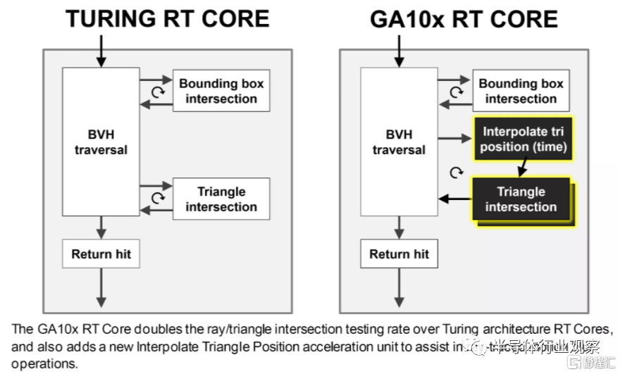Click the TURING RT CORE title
point(168,18)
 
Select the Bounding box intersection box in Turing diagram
point(221,91)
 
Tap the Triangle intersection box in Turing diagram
point(221,199)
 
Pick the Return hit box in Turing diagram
point(101,254)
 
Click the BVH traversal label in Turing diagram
point(102,141)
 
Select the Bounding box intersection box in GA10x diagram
point(521,91)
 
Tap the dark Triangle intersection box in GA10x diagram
point(521,199)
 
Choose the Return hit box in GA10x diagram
point(399,254)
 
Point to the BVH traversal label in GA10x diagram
point(399,142)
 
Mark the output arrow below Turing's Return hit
point(101,289)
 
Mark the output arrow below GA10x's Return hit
point(399,289)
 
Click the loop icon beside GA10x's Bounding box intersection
point(457,92)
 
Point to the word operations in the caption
point(41,363)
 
